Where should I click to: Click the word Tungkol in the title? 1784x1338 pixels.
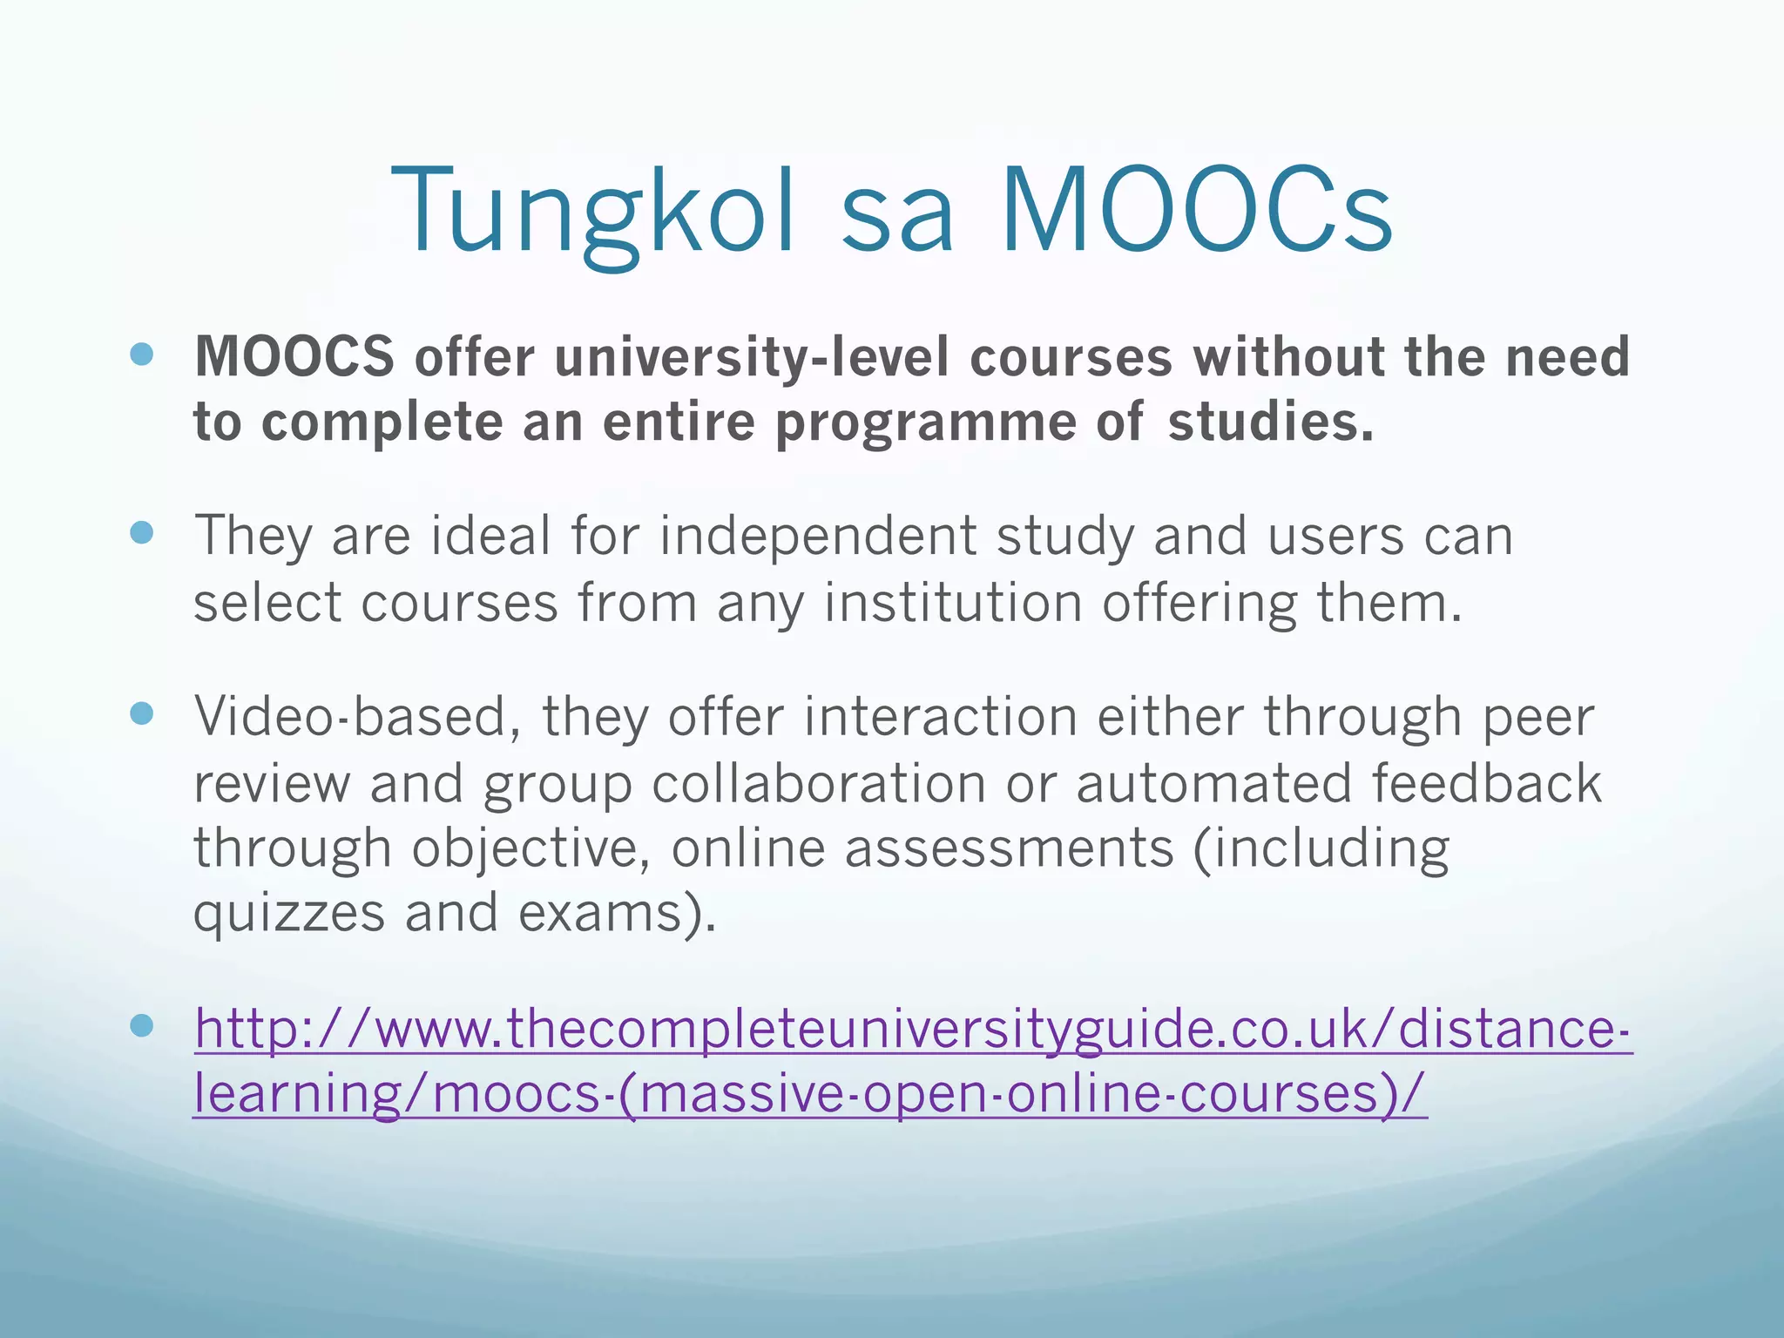[x=592, y=213]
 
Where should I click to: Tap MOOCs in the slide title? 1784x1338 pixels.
[x=1197, y=213]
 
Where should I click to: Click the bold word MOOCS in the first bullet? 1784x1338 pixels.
[x=294, y=357]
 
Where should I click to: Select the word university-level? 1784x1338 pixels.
[x=751, y=357]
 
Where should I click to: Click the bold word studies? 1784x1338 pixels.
[x=1269, y=422]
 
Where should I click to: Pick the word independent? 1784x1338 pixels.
[x=817, y=535]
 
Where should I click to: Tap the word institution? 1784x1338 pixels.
[x=952, y=603]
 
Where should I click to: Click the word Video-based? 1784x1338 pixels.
[x=357, y=716]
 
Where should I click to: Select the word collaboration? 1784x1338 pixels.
[x=818, y=782]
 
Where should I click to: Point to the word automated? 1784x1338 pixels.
[x=1214, y=782]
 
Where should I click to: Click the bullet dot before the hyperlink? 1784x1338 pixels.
[x=141, y=1025]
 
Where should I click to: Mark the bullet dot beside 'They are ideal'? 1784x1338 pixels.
[x=141, y=532]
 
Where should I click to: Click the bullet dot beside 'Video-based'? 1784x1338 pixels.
[x=141, y=713]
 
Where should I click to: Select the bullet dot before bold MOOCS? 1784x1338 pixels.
[x=141, y=354]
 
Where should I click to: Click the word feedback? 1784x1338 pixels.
[x=1487, y=782]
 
